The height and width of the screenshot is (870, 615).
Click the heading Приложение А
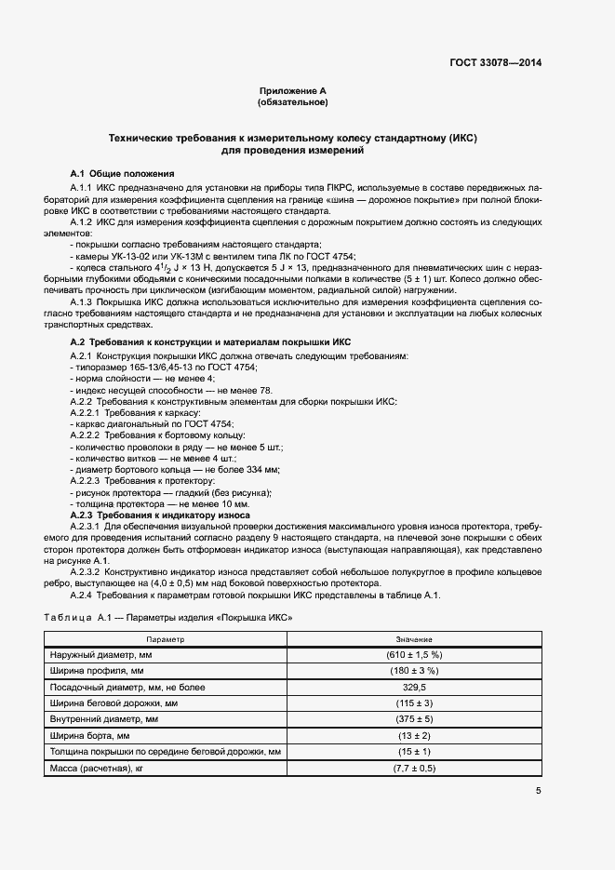[292, 90]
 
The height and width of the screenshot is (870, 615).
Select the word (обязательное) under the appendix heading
[292, 101]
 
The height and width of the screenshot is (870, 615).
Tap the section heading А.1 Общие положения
[122, 174]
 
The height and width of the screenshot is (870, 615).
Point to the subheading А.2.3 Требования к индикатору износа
[160, 515]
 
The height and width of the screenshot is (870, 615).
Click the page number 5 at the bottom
[539, 791]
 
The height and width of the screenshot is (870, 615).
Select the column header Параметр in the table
[166, 639]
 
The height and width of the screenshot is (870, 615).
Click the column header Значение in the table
[414, 639]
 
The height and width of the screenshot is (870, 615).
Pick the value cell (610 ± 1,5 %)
[414, 655]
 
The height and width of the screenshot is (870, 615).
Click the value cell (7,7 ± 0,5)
[414, 768]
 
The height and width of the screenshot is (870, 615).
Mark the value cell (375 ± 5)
[414, 719]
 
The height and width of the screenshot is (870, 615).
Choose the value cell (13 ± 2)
[414, 735]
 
